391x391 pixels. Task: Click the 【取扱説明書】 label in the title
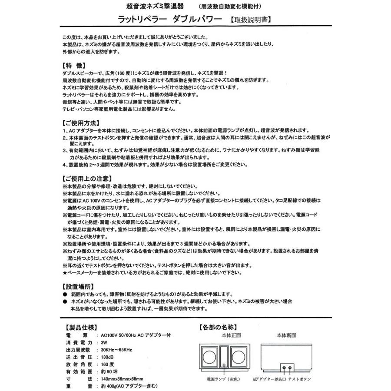point(251,20)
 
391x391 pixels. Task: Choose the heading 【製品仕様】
point(83,327)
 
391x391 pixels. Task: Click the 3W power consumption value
point(104,343)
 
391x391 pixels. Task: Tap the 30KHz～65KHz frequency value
point(116,350)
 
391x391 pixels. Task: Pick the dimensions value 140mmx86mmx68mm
point(122,379)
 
